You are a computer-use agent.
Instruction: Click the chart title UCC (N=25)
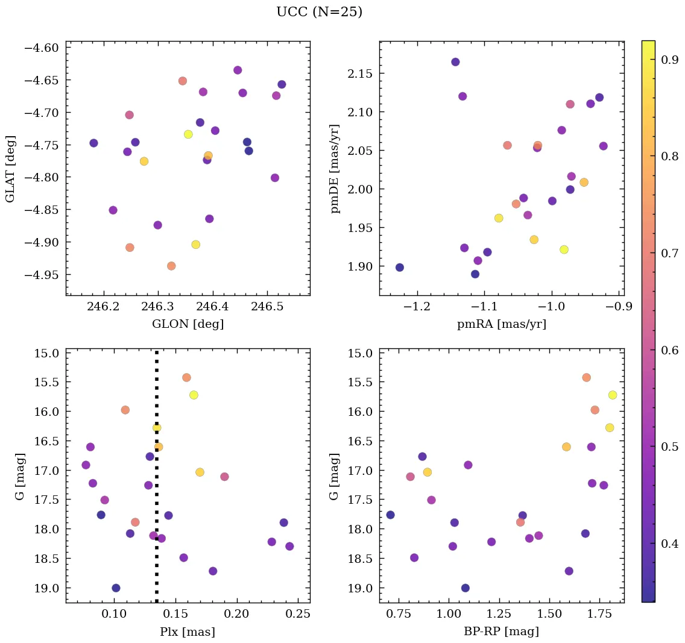pos(319,12)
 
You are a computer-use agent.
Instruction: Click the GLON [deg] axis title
pos(188,325)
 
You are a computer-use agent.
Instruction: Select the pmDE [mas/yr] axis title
pos(336,169)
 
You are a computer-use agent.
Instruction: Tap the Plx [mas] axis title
pos(188,632)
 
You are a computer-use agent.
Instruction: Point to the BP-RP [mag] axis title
pos(501,632)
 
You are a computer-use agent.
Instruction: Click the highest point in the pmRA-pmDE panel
pos(455,62)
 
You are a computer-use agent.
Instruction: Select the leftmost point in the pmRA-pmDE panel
pos(399,268)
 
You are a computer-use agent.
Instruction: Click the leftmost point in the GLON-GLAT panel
pos(93,143)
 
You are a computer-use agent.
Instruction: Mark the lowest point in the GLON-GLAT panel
pos(171,266)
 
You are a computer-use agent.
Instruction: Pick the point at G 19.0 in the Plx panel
pos(116,588)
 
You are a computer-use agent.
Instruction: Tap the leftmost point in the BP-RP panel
pos(390,515)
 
